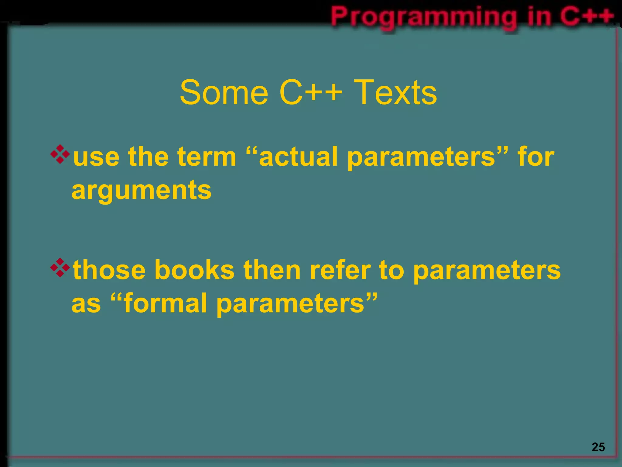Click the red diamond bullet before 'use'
tap(60, 154)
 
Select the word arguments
tap(142, 191)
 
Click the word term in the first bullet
tap(207, 157)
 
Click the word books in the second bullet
tap(194, 270)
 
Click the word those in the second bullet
tap(109, 270)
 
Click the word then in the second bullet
tap(272, 270)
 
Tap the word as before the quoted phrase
tap(86, 304)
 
